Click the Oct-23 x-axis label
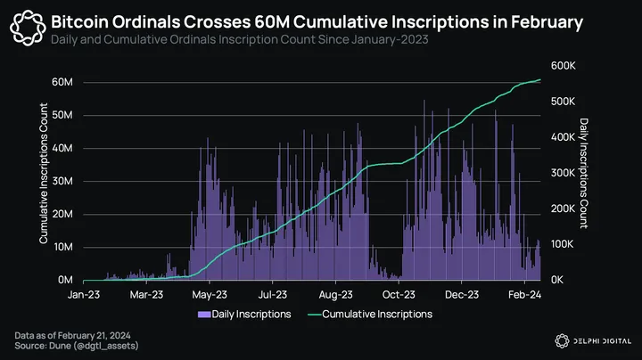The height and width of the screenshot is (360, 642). [399, 293]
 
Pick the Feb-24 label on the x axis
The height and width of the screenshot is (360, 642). [524, 293]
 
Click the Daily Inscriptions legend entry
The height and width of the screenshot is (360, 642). [244, 314]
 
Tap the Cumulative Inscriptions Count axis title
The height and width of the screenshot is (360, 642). [44, 175]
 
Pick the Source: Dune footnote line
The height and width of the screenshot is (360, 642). [70, 345]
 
